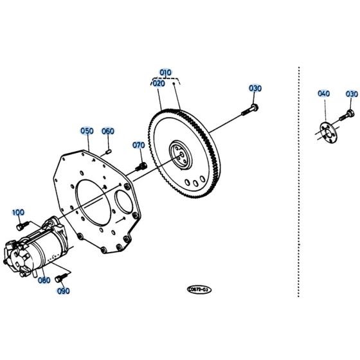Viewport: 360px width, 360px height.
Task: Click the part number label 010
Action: point(166,73)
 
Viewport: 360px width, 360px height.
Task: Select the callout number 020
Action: point(159,83)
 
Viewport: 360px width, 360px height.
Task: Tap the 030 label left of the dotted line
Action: point(255,88)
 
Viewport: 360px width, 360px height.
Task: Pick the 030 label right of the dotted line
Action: point(351,94)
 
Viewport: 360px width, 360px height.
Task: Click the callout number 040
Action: point(323,94)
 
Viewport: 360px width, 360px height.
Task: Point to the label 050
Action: point(87,130)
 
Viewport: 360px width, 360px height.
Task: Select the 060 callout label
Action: point(107,131)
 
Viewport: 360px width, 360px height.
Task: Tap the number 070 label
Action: point(139,145)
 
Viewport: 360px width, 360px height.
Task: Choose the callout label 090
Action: point(62,291)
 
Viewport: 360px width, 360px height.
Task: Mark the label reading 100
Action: point(18,212)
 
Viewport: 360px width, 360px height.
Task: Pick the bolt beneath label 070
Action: point(141,165)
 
